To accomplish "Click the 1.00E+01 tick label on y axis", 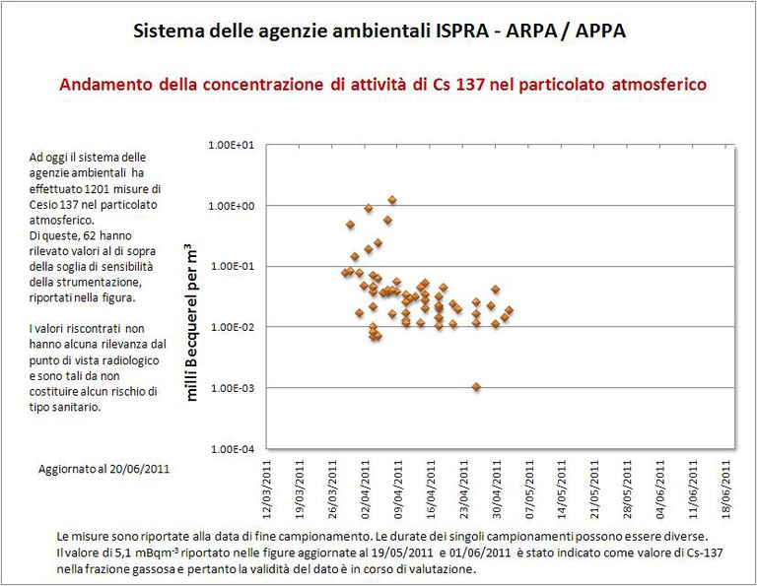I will (233, 145).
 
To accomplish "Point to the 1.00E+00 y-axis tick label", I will (233, 206).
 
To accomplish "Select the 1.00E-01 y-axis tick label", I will (233, 266).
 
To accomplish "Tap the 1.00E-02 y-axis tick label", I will (233, 327).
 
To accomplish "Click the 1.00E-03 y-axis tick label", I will (233, 388).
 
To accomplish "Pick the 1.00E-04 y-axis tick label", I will (233, 448).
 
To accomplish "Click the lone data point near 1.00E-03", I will (476, 387).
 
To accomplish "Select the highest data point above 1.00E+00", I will (391, 200).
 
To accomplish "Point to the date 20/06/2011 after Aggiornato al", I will (138, 469).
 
